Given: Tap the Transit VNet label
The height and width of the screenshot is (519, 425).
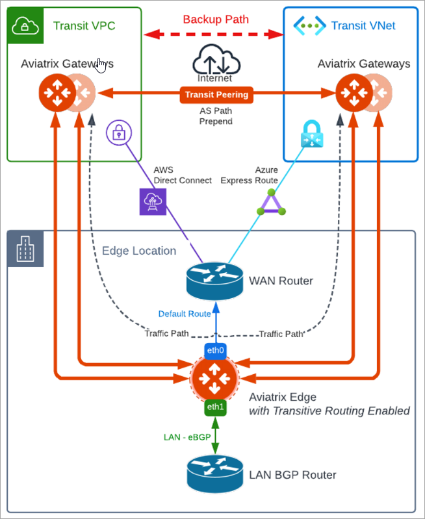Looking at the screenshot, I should (x=363, y=25).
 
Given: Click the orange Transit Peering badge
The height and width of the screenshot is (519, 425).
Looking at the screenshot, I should (x=216, y=95).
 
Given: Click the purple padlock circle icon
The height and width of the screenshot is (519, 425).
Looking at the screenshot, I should (x=119, y=133).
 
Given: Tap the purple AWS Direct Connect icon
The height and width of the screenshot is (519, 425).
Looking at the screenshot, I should (x=153, y=201).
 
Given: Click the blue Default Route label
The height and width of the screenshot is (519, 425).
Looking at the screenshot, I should (x=185, y=314).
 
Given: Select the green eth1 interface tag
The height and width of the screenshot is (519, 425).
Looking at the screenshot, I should (x=214, y=407).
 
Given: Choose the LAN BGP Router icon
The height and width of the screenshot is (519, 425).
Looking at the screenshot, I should (x=214, y=474).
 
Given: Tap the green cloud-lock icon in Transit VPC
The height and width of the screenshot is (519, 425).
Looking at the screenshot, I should (x=25, y=25).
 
